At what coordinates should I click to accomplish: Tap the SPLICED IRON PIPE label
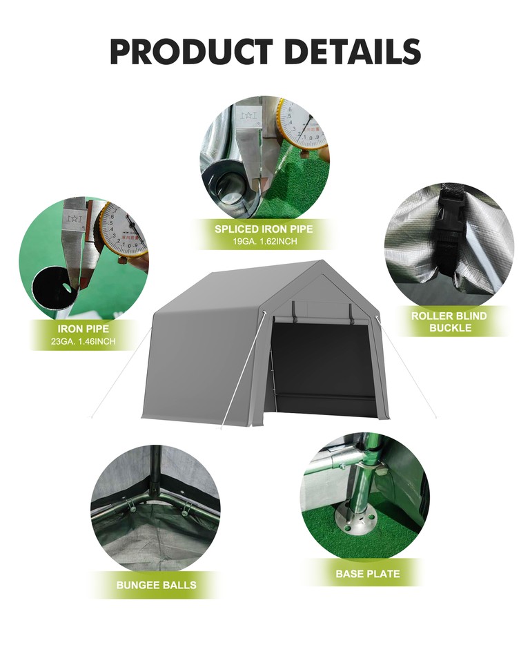264,229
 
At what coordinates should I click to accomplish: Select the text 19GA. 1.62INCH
264,242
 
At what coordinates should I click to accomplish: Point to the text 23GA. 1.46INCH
82,341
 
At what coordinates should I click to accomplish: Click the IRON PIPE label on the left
82,329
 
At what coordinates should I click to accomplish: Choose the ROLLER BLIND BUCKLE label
449,321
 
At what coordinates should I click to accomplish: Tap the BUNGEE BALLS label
156,585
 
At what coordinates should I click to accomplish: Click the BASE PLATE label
367,573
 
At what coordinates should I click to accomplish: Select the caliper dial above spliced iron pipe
302,124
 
